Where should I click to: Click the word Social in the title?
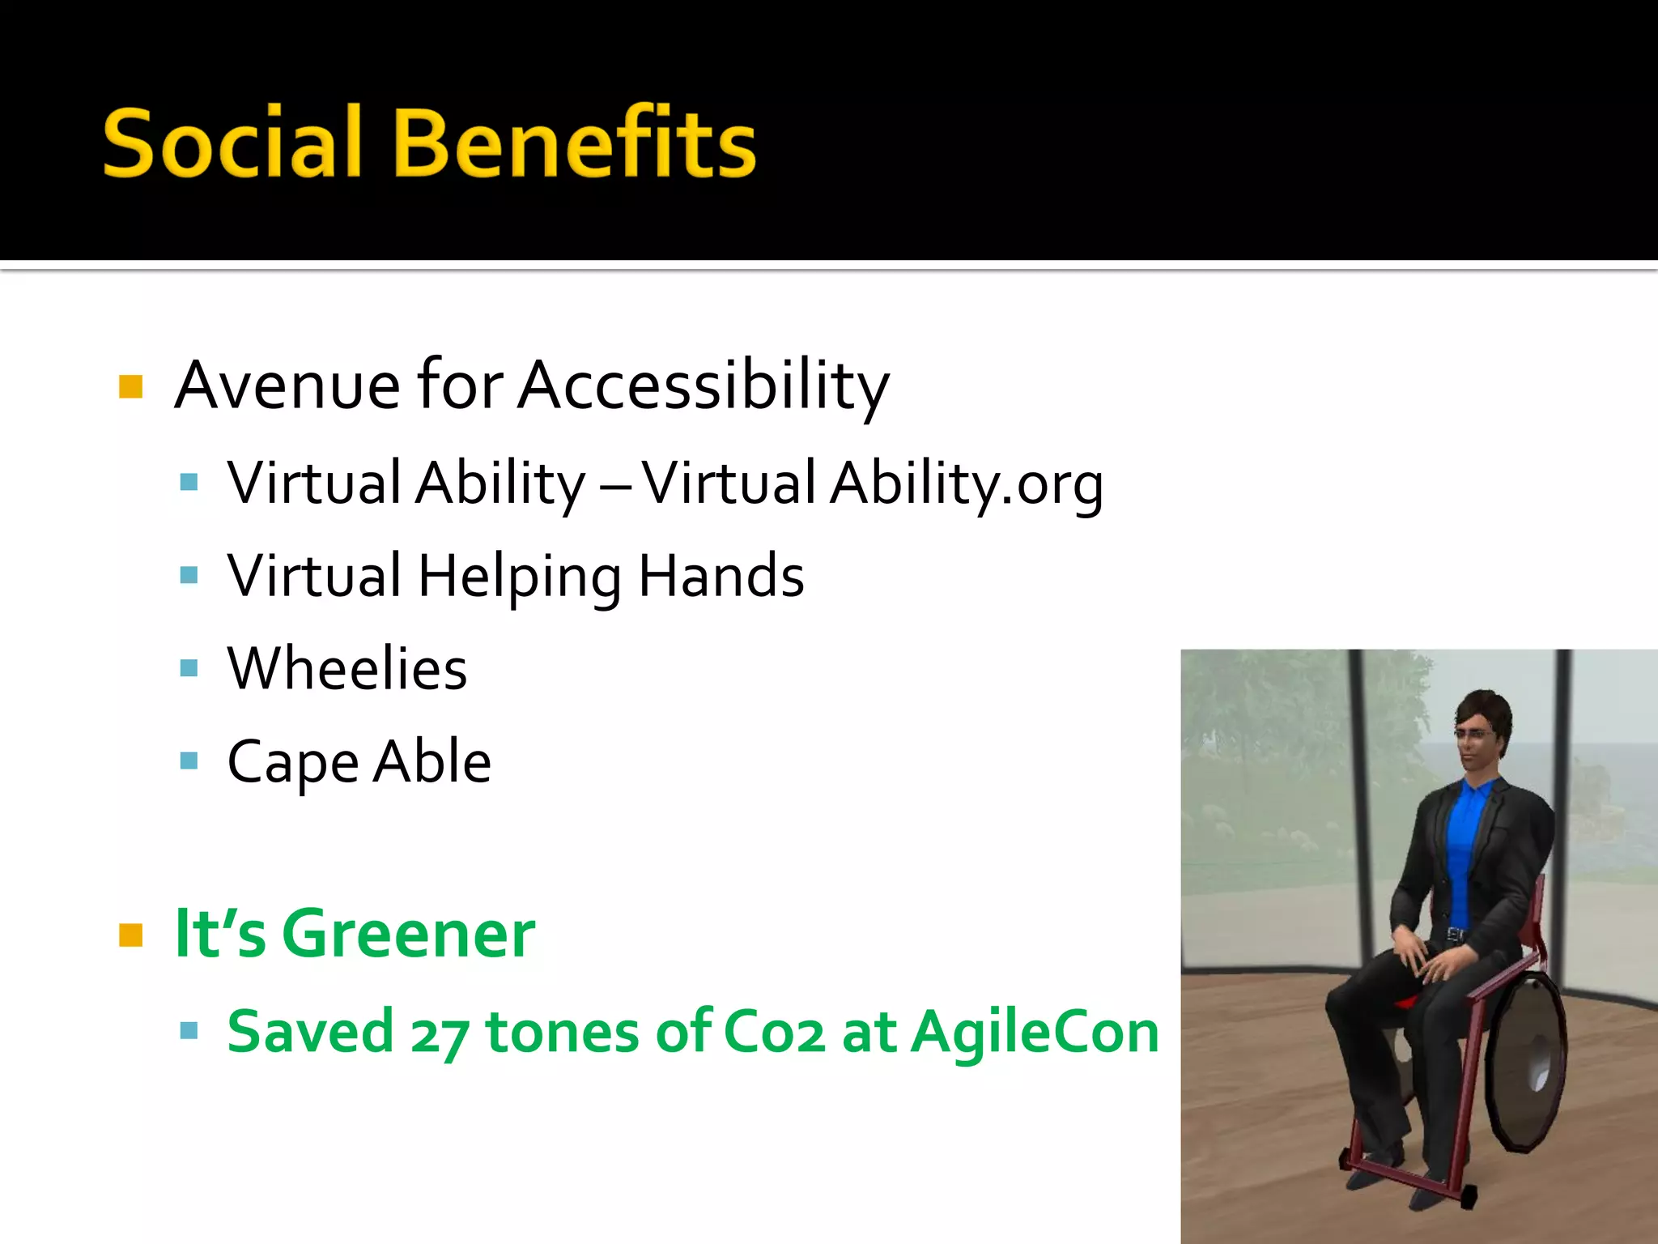click(x=232, y=143)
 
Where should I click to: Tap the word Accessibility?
click(x=704, y=386)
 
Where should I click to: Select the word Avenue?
click(x=287, y=386)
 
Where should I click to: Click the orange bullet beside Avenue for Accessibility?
click(x=130, y=386)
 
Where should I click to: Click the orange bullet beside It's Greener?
click(x=130, y=935)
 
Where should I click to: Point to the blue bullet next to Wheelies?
click(x=189, y=668)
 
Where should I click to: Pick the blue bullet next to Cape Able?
click(x=189, y=761)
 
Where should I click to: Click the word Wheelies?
click(x=347, y=669)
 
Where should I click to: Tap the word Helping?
click(x=520, y=577)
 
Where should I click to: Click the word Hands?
click(x=721, y=577)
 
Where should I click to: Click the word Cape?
click(x=292, y=763)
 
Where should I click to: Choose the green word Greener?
click(x=408, y=934)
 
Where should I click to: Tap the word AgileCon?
click(x=1035, y=1033)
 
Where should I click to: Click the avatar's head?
click(x=1482, y=733)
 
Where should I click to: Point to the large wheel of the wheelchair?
click(x=1526, y=1061)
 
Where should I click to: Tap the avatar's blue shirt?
click(x=1464, y=842)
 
